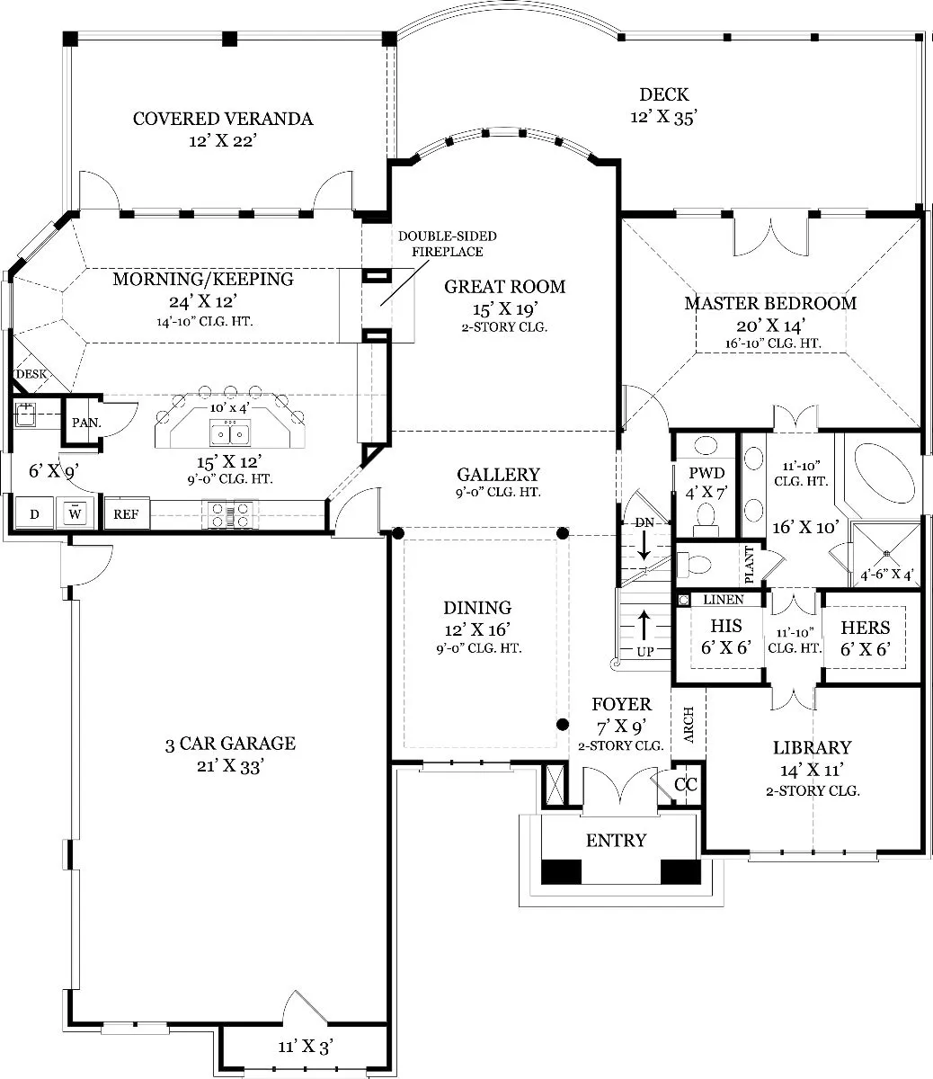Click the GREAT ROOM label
(504, 287)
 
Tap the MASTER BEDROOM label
(770, 303)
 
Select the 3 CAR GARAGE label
(230, 744)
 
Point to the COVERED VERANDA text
(223, 119)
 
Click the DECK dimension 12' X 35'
(663, 118)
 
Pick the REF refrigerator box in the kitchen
(127, 514)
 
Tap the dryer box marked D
(34, 513)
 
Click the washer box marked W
(76, 513)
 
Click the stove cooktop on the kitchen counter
(230, 514)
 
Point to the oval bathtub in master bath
(884, 473)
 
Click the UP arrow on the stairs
(644, 626)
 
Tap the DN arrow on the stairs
(644, 546)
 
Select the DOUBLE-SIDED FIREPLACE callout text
(448, 244)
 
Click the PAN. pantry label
(86, 423)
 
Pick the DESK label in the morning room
(31, 374)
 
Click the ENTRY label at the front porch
(617, 841)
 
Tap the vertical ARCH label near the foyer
(689, 725)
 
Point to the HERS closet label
(866, 628)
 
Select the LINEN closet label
(724, 600)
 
